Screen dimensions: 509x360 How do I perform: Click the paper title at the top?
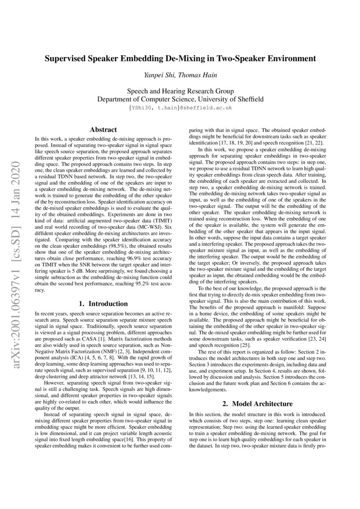[x=180, y=58]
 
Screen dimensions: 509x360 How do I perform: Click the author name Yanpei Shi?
[x=158, y=75]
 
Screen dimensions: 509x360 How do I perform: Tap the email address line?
[x=180, y=107]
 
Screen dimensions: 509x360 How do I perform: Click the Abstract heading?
[x=103, y=129]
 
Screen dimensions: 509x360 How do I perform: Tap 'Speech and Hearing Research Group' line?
[x=180, y=91]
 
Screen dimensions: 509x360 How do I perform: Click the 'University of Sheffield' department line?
[x=180, y=99]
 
